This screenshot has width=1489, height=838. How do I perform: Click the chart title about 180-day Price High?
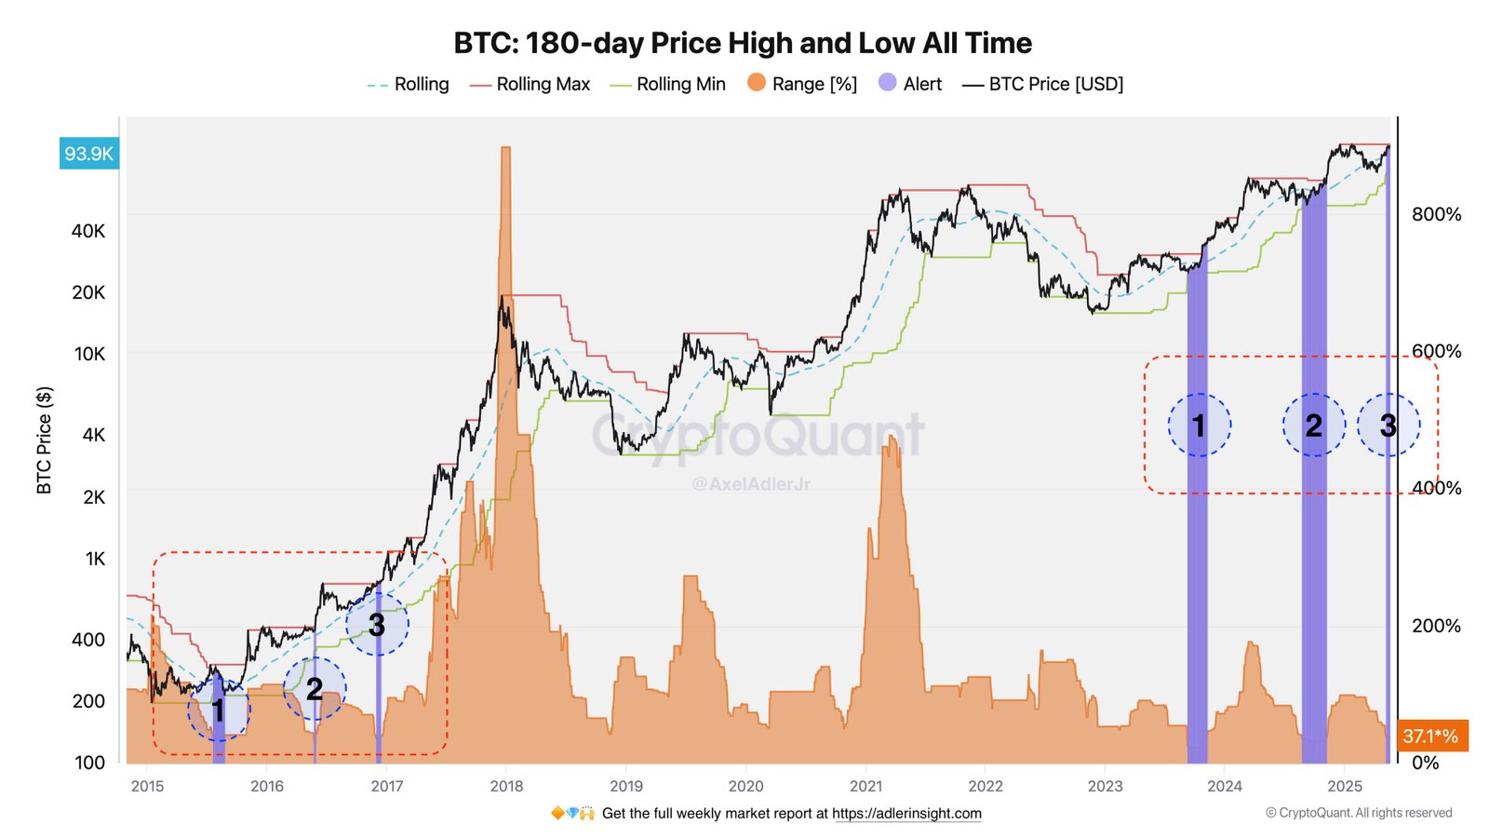[x=743, y=43]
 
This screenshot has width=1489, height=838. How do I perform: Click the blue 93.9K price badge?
[x=88, y=154]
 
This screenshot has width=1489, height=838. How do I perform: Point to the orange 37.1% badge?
[x=1431, y=736]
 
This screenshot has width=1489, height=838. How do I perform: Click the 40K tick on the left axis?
[x=88, y=231]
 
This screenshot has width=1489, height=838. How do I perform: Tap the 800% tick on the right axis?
[x=1436, y=214]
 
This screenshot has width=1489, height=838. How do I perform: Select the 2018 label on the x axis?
[x=506, y=786]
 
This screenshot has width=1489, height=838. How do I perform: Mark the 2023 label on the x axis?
[x=1105, y=786]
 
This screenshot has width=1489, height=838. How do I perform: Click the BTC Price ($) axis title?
[x=44, y=439]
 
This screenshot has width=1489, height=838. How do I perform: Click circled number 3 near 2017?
[x=377, y=625]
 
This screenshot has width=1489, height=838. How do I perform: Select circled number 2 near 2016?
[x=315, y=689]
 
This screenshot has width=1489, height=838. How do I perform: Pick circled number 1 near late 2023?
[x=1199, y=426]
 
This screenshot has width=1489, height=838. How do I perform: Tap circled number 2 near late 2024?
[x=1313, y=426]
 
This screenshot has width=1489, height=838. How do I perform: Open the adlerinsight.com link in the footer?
[x=906, y=813]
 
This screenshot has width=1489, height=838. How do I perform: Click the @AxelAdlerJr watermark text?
[x=751, y=484]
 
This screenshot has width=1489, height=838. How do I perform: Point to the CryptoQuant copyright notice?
[x=1359, y=813]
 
